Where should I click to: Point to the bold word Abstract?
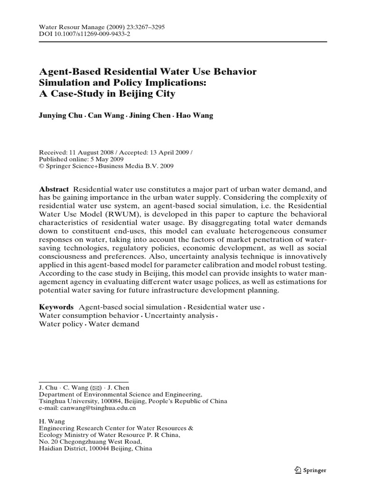click(x=54, y=189)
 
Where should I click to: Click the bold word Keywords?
click(x=56, y=307)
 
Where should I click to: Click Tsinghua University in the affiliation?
click(x=66, y=401)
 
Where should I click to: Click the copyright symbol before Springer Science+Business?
click(x=41, y=166)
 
